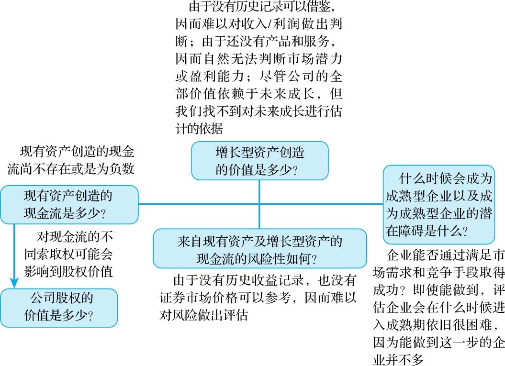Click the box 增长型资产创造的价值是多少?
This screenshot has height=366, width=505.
tap(260, 160)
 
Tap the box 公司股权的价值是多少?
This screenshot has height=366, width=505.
tap(59, 307)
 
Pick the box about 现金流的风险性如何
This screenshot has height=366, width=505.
tap(259, 248)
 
